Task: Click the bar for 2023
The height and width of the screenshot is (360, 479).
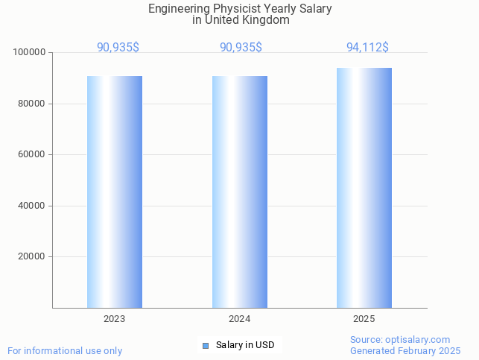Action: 115,192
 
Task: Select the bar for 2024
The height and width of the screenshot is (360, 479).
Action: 240,192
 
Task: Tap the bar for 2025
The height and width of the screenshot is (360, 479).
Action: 364,188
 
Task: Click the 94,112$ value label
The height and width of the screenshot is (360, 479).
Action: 367,48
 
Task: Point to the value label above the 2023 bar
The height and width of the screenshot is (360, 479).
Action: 118,48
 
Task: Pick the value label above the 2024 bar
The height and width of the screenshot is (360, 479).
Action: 241,48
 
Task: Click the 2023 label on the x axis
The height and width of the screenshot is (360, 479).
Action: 115,319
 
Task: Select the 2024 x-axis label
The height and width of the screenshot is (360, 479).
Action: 240,319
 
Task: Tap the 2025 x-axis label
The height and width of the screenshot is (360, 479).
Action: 364,319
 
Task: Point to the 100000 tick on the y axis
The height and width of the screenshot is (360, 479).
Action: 30,53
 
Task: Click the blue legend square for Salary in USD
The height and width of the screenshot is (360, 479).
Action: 206,345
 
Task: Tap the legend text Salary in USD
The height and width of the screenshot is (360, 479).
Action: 245,345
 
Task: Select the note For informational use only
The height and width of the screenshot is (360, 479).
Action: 65,351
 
